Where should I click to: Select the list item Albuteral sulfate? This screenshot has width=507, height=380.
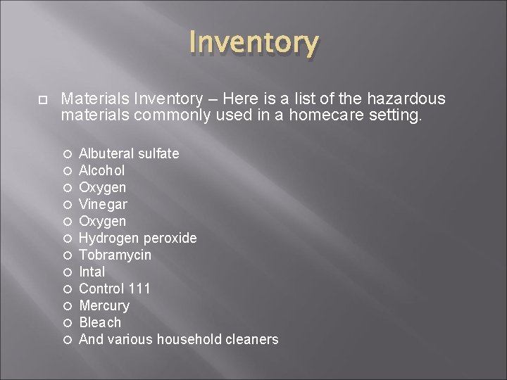129,153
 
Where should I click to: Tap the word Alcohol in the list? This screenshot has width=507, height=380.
102,170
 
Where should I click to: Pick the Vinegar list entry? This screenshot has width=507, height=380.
103,204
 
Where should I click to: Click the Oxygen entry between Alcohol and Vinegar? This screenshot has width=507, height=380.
103,187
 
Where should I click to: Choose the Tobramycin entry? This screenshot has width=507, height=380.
115,255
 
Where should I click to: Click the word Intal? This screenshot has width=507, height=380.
92,272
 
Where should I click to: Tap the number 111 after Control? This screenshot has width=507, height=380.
139,289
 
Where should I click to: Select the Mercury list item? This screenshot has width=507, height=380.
104,305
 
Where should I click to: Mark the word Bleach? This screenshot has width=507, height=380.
100,322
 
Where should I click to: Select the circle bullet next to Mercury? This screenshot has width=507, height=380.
68,306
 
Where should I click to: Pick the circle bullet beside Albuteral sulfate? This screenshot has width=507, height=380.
68,154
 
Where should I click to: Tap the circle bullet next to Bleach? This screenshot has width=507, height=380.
68,323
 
